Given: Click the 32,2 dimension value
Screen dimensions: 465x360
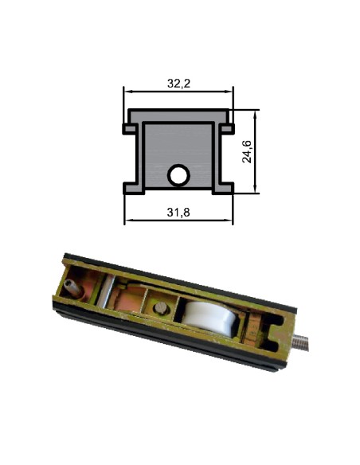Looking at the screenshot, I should click(178, 81).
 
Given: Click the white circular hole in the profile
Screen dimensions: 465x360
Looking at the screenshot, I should click(178, 175).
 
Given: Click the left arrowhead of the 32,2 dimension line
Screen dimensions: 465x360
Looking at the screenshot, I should click(127, 92).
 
